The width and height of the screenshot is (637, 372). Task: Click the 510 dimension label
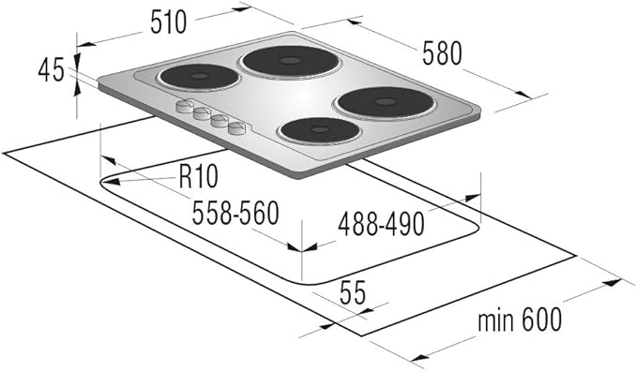pyautogui.click(x=168, y=22)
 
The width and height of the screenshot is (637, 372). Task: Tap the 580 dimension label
pyautogui.click(x=442, y=53)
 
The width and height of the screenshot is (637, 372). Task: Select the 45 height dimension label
pyautogui.click(x=52, y=69)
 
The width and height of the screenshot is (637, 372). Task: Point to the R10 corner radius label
pyautogui.click(x=199, y=176)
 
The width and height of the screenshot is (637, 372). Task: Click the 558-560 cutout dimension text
pyautogui.click(x=235, y=213)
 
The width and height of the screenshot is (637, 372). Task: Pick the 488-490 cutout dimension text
pyautogui.click(x=381, y=224)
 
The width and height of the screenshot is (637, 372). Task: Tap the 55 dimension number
pyautogui.click(x=353, y=292)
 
